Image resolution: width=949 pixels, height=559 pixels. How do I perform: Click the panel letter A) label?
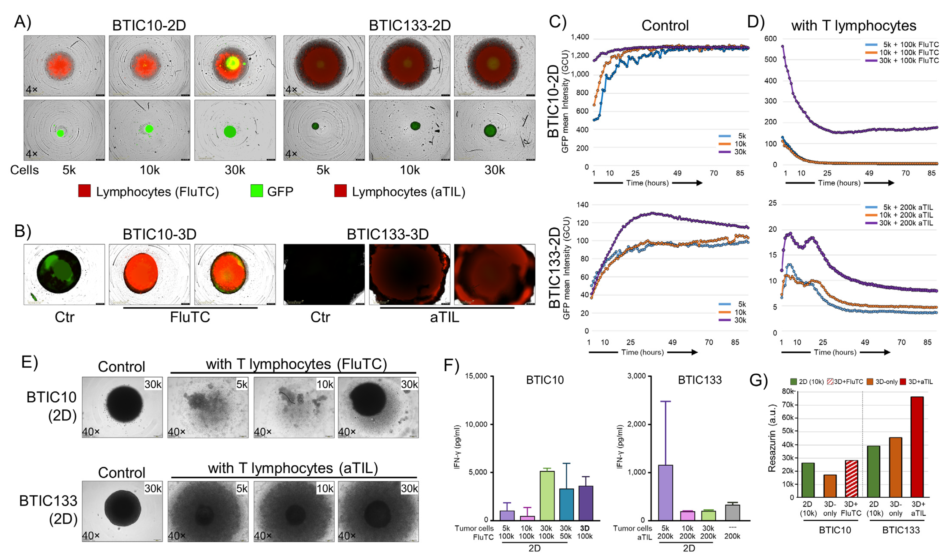click(23, 22)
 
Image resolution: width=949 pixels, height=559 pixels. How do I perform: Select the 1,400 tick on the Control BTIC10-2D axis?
click(580, 37)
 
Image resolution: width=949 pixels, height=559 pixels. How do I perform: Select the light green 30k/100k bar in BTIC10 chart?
click(547, 495)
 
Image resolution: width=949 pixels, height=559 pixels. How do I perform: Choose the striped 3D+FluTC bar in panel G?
click(852, 478)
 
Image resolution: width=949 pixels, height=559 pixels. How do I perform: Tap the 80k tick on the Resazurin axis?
click(788, 391)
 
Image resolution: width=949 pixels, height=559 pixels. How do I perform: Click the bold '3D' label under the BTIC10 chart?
click(585, 528)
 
